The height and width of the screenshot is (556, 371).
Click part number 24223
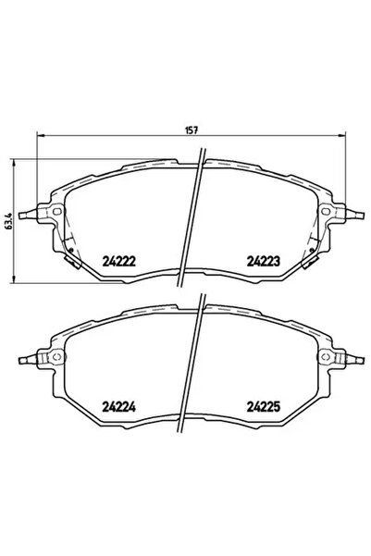(262, 261)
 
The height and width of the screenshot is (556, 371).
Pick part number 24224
(118, 404)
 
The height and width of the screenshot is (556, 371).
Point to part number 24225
(262, 404)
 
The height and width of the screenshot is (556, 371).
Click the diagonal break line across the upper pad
(195, 222)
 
